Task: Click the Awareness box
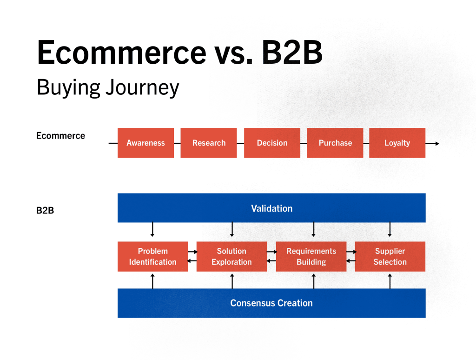pos(145,143)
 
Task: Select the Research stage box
pos(209,143)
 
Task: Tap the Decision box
pos(272,143)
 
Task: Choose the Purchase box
pos(335,143)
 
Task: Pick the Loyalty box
pos(397,143)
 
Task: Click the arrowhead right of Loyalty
pos(437,143)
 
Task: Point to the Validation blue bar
pos(271,208)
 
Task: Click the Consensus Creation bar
pos(271,303)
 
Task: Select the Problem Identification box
pos(152,256)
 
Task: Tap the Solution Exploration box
pos(231,256)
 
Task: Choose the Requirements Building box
pos(311,256)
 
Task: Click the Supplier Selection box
pos(390,256)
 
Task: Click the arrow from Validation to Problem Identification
pos(152,229)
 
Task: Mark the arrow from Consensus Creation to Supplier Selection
pos(390,281)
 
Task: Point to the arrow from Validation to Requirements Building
pos(314,229)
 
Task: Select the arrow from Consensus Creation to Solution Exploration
pos(232,281)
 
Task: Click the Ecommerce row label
pos(61,135)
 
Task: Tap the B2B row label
pos(45,210)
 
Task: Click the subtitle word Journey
pos(142,88)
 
